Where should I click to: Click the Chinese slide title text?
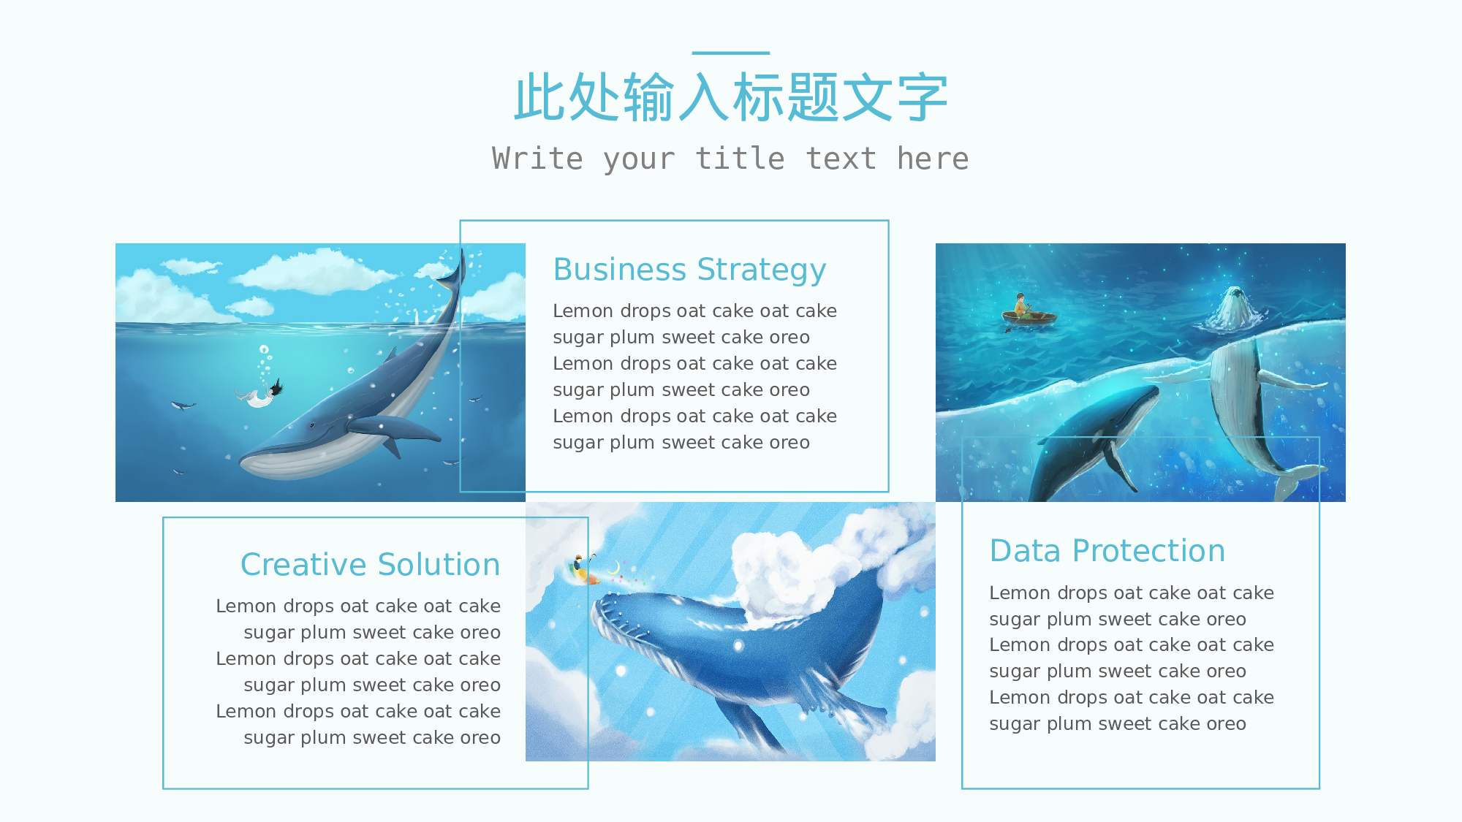[731, 97]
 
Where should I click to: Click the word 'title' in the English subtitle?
[740, 159]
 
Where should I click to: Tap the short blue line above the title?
[731, 53]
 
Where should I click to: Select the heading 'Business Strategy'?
[689, 270]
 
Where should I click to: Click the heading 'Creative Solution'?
[370, 565]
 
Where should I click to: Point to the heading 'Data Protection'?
[1107, 551]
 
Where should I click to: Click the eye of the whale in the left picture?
[312, 425]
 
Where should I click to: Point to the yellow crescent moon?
[616, 568]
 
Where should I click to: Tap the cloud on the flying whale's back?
[789, 577]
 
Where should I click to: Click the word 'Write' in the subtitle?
[537, 159]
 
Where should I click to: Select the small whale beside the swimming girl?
[182, 406]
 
